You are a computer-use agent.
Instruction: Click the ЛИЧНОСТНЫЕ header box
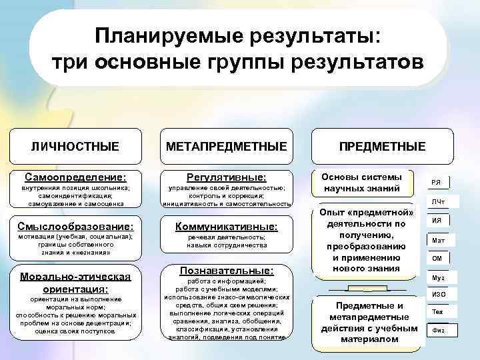point(75,145)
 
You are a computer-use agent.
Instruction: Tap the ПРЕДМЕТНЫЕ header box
point(382,145)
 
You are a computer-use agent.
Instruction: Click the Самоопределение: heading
point(75,178)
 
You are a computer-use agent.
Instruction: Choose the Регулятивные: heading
point(226,178)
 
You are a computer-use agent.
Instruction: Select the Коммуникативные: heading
point(226,227)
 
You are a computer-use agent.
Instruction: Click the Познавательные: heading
point(226,271)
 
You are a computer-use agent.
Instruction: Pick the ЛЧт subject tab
point(437,201)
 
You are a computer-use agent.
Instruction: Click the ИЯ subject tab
point(437,221)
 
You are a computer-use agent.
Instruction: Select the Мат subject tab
point(437,240)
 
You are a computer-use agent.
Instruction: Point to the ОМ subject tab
point(437,258)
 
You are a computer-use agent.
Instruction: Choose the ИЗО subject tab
point(437,294)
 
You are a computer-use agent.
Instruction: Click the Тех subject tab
point(437,312)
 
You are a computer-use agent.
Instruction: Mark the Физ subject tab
point(437,330)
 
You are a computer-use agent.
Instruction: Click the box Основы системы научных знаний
point(362,183)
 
